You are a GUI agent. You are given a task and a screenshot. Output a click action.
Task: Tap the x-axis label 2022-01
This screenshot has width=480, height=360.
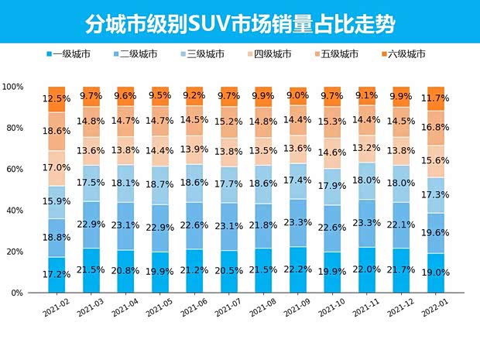click(x=433, y=309)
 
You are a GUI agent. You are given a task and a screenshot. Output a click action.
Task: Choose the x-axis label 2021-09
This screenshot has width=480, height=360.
click(x=295, y=309)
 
